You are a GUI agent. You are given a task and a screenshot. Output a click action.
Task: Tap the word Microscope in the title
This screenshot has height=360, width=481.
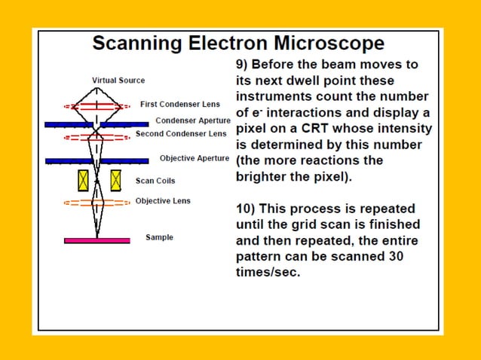tap(329, 44)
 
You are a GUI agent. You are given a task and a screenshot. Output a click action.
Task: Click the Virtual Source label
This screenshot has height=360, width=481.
tap(118, 81)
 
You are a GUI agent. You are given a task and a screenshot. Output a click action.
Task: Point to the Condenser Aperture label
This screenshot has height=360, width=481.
tap(193, 121)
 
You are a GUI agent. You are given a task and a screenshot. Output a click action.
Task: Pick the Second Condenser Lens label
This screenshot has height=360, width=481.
tap(181, 133)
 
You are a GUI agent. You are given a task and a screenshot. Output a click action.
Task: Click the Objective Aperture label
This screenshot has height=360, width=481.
tap(195, 158)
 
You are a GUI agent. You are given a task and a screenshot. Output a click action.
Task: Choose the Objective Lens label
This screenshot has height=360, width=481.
tap(163, 201)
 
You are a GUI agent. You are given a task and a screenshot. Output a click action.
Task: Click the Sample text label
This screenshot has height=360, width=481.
tap(159, 238)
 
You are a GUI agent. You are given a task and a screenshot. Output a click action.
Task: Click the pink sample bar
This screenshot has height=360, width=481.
tap(97, 240)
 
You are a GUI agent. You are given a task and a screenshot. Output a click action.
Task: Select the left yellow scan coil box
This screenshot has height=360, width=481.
tap(82, 180)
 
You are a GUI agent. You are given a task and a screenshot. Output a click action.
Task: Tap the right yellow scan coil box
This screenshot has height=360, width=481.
tap(115, 180)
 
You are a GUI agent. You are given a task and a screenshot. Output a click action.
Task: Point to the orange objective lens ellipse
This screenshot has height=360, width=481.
tap(97, 203)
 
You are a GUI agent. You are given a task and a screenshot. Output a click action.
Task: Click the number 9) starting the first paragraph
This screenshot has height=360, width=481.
tap(243, 65)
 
